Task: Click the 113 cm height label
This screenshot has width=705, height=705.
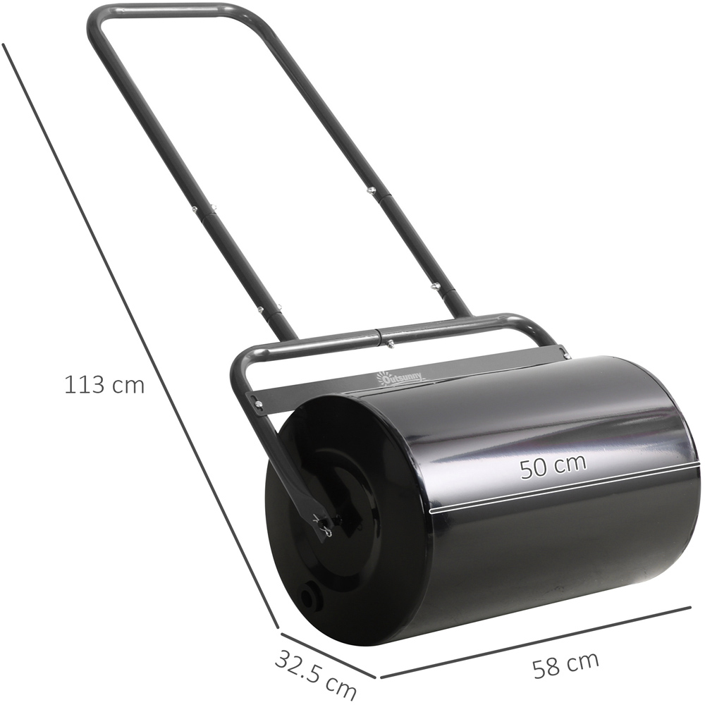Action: coord(104,386)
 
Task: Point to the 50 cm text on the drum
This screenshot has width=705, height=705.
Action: coord(553,467)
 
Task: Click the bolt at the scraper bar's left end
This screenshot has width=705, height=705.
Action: coord(259,403)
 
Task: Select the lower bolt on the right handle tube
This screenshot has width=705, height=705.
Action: coord(436,287)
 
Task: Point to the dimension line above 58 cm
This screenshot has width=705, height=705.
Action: coord(536,642)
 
